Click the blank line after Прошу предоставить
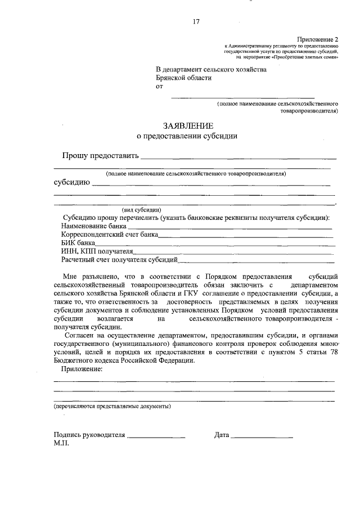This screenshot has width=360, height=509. [x=238, y=157]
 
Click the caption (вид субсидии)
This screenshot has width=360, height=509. [x=142, y=209]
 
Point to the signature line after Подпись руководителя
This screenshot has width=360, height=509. [x=156, y=436]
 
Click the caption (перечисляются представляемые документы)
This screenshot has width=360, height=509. [x=112, y=406]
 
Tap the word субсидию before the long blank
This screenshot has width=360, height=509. [x=71, y=183]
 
